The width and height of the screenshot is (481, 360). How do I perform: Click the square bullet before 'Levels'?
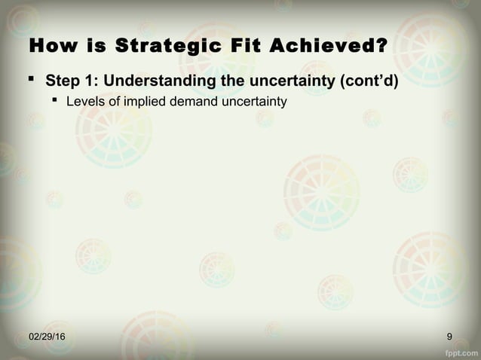(x=55, y=100)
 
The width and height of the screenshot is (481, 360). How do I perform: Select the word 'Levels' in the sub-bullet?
(x=84, y=101)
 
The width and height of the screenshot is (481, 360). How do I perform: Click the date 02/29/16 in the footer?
(x=47, y=335)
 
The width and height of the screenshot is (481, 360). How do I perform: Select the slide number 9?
(x=449, y=335)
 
